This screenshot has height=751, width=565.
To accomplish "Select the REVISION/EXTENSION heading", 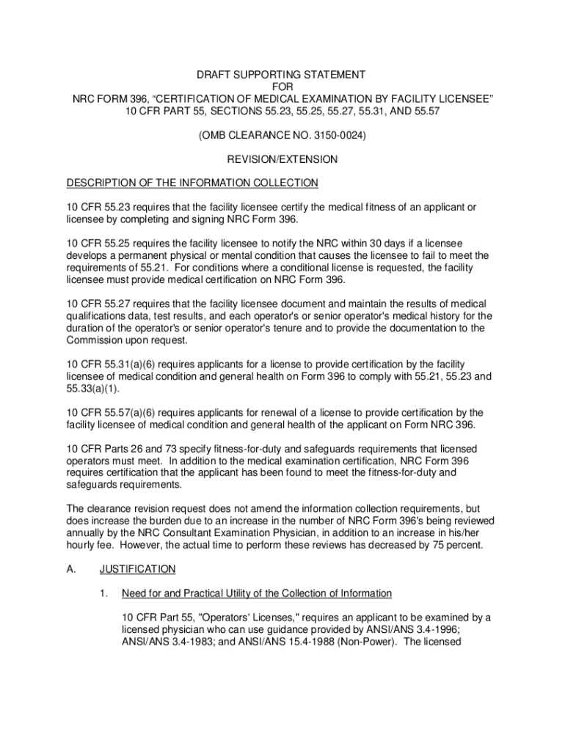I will [x=282, y=159].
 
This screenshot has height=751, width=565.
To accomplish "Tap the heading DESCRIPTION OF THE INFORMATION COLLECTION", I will [x=192, y=183].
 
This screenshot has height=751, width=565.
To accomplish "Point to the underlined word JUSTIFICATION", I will [x=138, y=568].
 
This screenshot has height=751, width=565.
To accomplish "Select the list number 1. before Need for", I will [x=105, y=593].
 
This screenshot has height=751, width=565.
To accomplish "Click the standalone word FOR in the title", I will [x=282, y=87].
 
